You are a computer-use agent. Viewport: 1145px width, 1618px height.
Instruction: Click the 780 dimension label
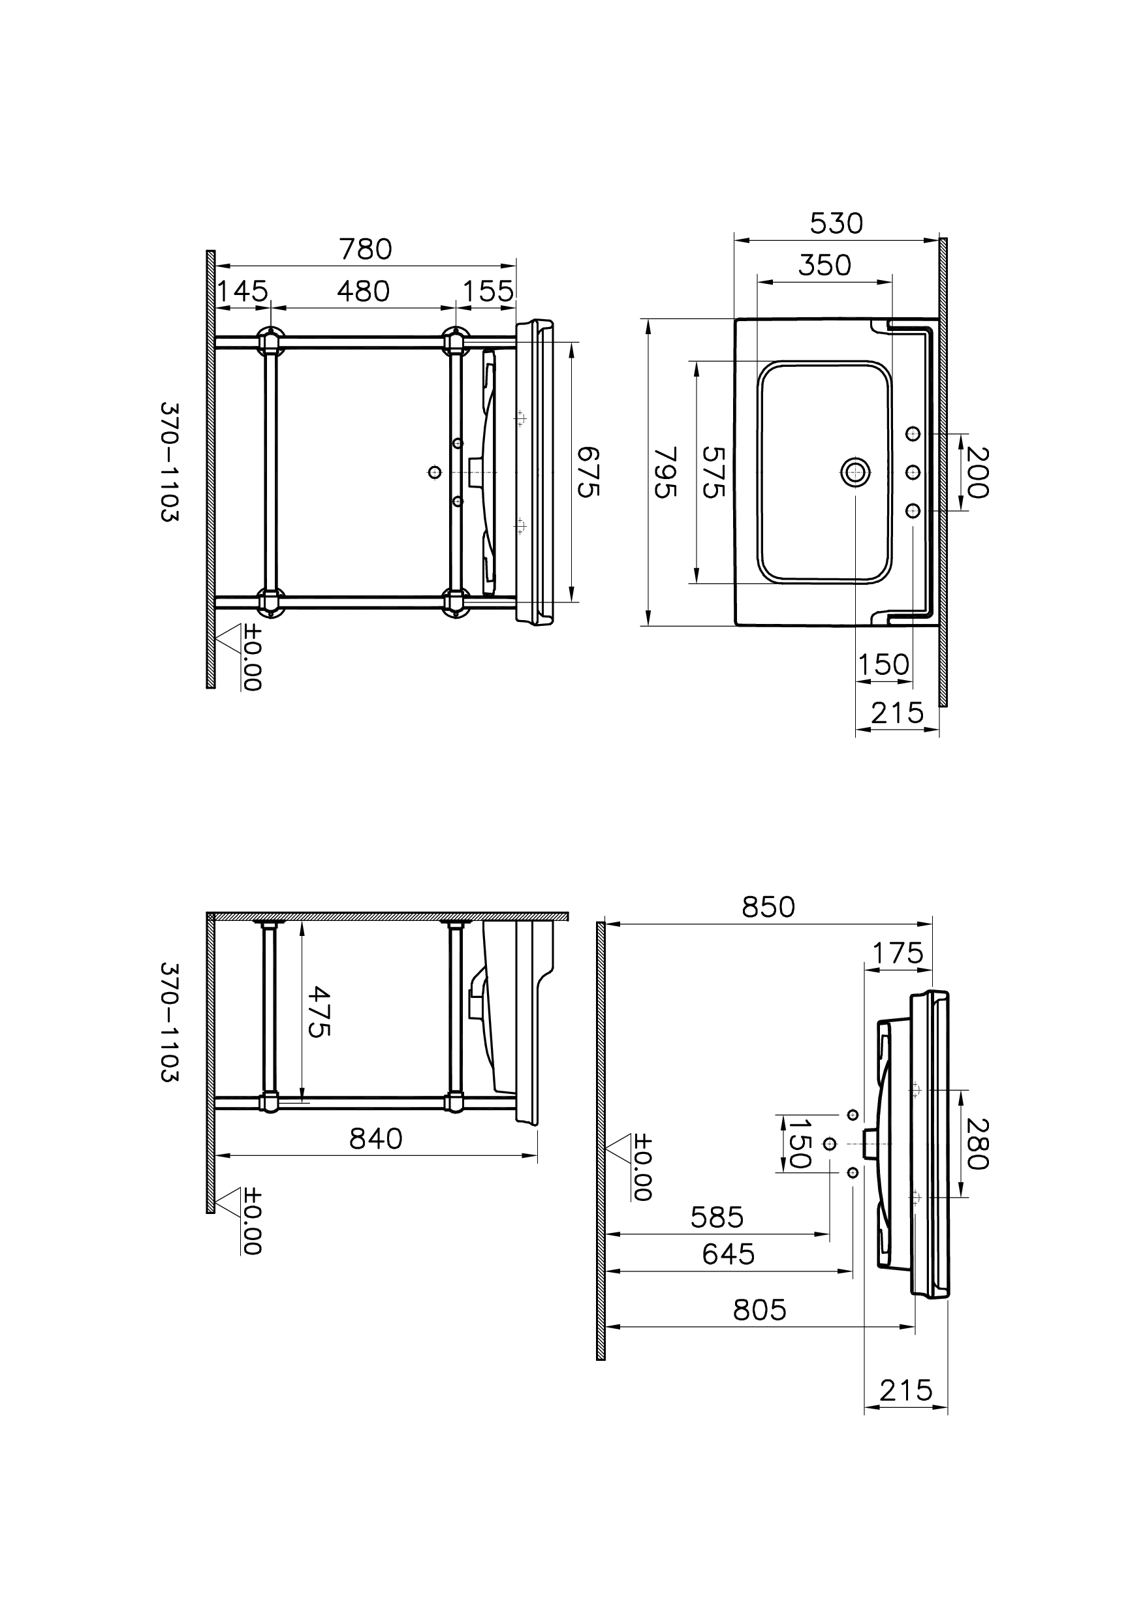point(365,249)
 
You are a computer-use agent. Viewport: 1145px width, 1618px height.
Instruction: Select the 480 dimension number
point(363,291)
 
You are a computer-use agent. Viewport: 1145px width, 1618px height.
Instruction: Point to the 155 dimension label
point(488,291)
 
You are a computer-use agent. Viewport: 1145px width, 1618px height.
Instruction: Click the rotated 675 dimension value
point(588,472)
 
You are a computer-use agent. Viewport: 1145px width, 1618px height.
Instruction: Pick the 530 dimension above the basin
point(836,223)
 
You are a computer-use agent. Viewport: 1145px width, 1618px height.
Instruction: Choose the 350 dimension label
point(825,265)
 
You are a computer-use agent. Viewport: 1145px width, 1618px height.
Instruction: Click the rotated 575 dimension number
point(714,473)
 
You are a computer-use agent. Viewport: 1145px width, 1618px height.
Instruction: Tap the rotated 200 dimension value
point(977,473)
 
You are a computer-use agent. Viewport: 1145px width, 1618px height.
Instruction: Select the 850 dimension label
point(768,907)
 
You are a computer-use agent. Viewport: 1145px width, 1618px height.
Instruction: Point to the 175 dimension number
point(898,954)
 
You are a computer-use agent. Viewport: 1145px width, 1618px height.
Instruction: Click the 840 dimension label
point(376,1138)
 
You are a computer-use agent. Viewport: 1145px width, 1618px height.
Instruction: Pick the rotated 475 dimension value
point(319,1012)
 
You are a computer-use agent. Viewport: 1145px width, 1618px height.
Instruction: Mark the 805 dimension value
point(759,1310)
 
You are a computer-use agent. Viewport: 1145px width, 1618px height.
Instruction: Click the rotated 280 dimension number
point(977,1143)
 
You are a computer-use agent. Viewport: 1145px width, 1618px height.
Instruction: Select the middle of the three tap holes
point(913,472)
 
